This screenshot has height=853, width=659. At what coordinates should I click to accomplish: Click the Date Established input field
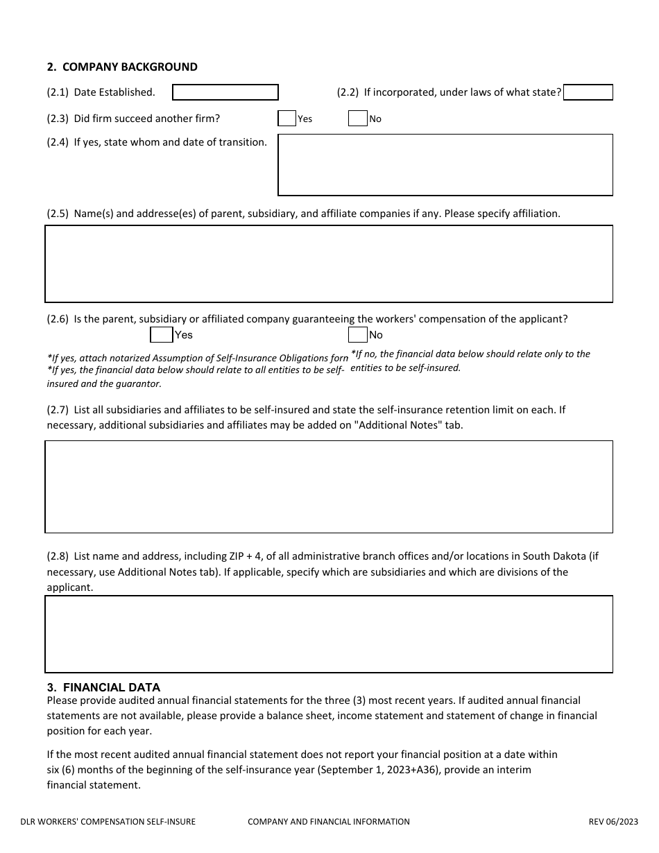pyautogui.click(x=225, y=92)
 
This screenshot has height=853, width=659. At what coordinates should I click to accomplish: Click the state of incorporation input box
pyautogui.click(x=588, y=92)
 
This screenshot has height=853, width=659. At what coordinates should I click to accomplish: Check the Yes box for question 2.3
pyautogui.click(x=286, y=119)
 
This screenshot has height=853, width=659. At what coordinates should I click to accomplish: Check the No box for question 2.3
pyautogui.click(x=357, y=119)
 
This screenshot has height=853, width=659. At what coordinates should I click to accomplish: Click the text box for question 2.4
pyautogui.click(x=445, y=164)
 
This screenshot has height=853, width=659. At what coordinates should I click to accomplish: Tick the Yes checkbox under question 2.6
pyautogui.click(x=161, y=335)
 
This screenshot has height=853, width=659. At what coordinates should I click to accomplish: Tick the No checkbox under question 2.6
pyautogui.click(x=357, y=335)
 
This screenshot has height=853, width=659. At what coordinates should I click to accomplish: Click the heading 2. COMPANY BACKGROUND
pyautogui.click(x=122, y=67)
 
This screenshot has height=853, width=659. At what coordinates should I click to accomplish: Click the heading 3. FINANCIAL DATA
pyautogui.click(x=103, y=687)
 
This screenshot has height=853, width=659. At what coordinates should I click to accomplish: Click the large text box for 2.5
pyautogui.click(x=329, y=264)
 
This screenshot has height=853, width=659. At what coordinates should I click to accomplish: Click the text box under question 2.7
pyautogui.click(x=329, y=486)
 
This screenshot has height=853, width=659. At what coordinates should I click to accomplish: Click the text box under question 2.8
pyautogui.click(x=329, y=634)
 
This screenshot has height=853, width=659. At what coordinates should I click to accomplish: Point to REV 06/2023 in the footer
pyautogui.click(x=613, y=822)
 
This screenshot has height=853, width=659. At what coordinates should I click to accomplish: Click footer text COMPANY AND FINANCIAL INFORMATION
pyautogui.click(x=329, y=822)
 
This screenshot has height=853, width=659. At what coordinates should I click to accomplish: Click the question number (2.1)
pyautogui.click(x=58, y=92)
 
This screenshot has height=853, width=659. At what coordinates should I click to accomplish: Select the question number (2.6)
pyautogui.click(x=58, y=320)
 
